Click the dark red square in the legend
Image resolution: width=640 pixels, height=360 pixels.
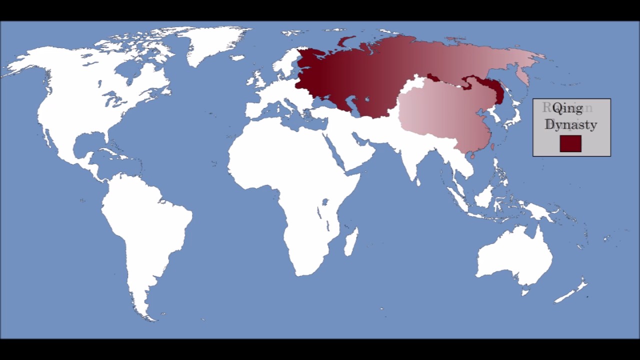[x=570, y=143]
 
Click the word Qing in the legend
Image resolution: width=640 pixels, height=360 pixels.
[x=567, y=108]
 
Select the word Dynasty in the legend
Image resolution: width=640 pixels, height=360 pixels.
[x=571, y=124]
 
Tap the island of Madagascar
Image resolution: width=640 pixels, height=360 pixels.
[x=351, y=241]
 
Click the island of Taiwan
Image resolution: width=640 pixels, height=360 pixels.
[x=492, y=147]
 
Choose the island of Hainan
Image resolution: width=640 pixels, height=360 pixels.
[x=472, y=156]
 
